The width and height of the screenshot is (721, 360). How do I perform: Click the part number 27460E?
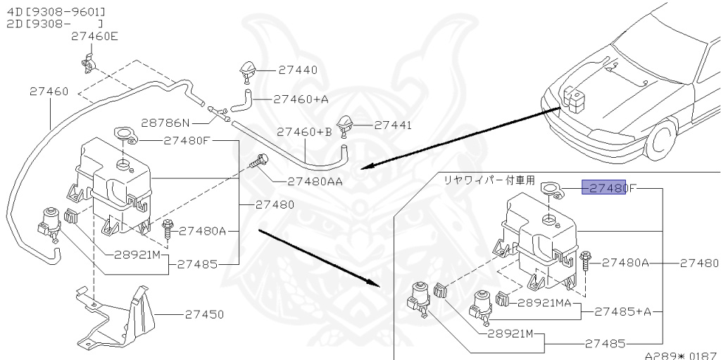click(94, 37)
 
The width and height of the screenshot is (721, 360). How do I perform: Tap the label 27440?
click(297, 70)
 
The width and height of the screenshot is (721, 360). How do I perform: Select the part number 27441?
click(393, 125)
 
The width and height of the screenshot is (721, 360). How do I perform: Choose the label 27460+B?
click(304, 132)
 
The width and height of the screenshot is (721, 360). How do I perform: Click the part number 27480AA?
click(315, 181)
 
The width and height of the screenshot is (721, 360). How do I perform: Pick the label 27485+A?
click(623, 311)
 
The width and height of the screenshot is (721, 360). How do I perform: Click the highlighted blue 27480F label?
click(604, 188)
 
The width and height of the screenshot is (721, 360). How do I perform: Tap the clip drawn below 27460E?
click(85, 63)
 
